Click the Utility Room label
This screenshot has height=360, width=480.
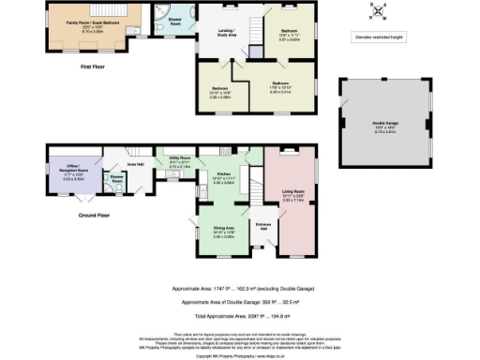181,159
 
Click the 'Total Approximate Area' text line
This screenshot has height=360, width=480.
240,318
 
